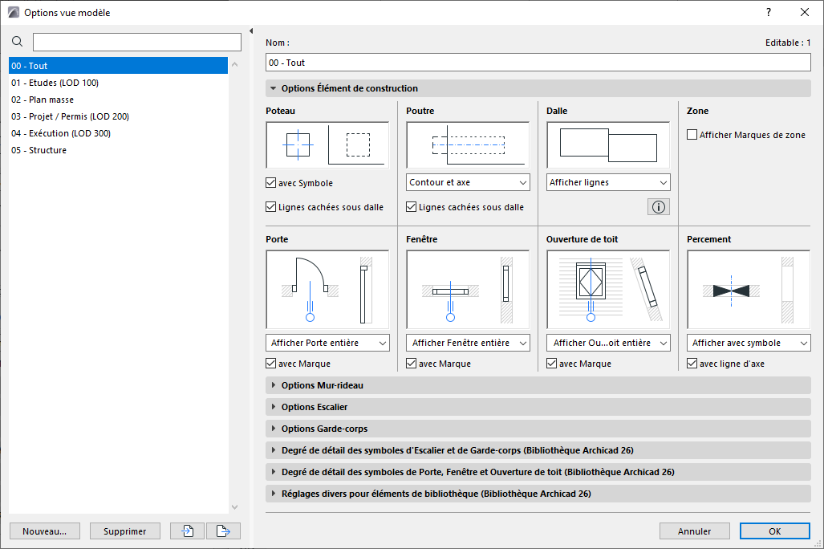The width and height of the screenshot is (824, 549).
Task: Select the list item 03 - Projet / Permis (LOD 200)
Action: [70, 116]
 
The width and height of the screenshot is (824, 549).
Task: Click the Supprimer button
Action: [124, 531]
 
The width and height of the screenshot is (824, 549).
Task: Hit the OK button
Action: [774, 531]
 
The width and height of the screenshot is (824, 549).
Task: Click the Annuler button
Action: [694, 531]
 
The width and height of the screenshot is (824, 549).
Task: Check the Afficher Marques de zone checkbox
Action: [692, 135]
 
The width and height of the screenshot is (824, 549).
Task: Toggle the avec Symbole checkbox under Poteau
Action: [271, 183]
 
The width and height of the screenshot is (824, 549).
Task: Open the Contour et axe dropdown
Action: [468, 182]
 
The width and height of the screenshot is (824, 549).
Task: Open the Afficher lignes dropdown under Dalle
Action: [607, 182]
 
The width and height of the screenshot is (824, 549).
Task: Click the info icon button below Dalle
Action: [659, 207]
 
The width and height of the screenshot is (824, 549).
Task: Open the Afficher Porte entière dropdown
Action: [327, 343]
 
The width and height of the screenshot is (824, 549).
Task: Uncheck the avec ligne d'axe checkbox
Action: [692, 364]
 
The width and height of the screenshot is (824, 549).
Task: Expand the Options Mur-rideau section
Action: [322, 385]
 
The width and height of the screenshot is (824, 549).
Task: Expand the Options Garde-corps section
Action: [324, 429]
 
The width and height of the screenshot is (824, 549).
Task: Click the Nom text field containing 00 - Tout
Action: [538, 63]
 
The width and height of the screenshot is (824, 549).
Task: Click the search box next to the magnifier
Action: [136, 42]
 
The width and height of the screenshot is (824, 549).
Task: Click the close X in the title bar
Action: [805, 12]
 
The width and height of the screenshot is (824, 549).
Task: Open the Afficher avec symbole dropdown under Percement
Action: [749, 343]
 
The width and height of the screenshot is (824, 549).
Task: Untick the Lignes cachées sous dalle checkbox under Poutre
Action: [412, 207]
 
